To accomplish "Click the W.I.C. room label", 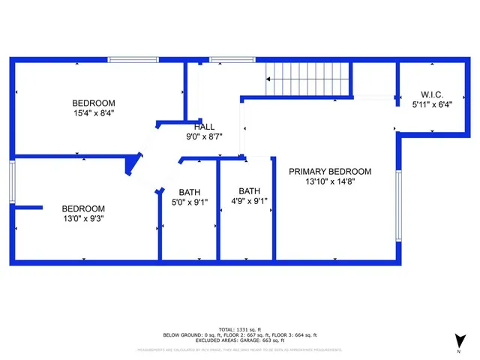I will (x=427, y=94).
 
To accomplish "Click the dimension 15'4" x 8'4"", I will (x=93, y=113).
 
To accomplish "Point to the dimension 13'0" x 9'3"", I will (x=82, y=218).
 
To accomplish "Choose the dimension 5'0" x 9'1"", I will (x=190, y=202).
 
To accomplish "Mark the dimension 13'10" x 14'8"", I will (x=331, y=181).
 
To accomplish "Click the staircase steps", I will (x=308, y=78).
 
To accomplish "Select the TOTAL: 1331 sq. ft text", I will (x=240, y=329).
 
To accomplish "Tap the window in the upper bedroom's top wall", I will (x=133, y=60).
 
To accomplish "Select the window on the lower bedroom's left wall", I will (x=13, y=181).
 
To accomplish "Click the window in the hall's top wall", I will (x=223, y=60).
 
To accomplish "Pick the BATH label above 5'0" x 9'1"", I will (x=190, y=192).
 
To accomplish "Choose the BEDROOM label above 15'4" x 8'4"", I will (x=93, y=103).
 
